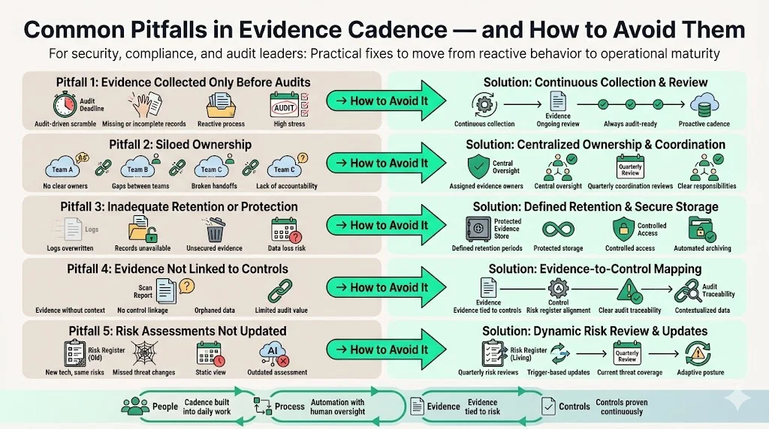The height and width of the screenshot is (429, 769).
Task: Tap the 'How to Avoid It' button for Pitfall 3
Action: [x=381, y=225]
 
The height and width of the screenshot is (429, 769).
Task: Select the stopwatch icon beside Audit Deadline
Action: [x=61, y=105]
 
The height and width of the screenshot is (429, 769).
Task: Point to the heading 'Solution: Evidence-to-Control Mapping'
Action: [x=595, y=268]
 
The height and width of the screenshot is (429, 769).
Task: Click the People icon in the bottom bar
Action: [x=135, y=406]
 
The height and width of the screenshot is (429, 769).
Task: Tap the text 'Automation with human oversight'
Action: [x=337, y=406]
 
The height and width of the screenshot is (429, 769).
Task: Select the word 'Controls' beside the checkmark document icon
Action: [x=574, y=406]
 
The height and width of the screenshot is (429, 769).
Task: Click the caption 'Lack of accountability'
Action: [x=286, y=186]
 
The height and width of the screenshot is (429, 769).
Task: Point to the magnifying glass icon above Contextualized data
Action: [x=686, y=291]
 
